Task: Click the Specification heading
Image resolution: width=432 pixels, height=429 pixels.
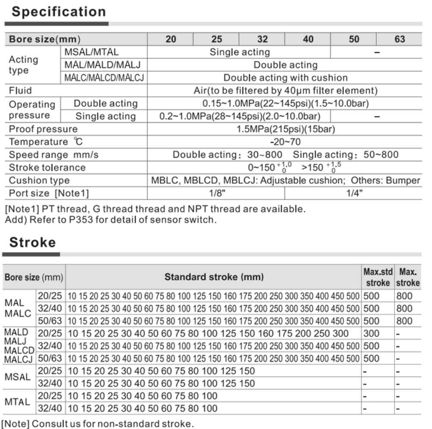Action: (x=59, y=12)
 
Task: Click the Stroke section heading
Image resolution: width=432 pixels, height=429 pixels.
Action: (x=33, y=242)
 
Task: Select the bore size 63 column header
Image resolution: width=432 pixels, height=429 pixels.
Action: (x=399, y=39)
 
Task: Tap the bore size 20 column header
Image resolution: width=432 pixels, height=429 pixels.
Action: (x=171, y=39)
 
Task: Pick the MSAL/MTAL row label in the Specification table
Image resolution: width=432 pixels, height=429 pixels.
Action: (x=91, y=52)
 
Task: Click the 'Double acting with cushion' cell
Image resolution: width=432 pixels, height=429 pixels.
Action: (x=285, y=78)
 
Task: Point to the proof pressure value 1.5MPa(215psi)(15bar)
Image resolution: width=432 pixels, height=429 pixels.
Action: (x=286, y=129)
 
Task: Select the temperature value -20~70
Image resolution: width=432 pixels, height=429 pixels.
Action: (x=285, y=142)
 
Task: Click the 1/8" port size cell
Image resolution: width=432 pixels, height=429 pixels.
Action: (x=216, y=193)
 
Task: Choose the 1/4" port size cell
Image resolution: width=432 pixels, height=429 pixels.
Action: (x=354, y=193)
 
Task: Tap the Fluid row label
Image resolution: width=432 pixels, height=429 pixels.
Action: (x=21, y=91)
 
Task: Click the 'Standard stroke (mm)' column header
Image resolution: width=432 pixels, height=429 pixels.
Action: (x=214, y=277)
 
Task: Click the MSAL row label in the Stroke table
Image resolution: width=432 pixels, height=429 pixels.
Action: (x=17, y=377)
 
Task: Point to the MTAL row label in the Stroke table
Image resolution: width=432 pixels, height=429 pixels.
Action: (x=17, y=402)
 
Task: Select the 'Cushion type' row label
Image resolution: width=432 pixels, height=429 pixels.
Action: (x=39, y=180)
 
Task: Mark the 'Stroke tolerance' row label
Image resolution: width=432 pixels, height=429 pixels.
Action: (x=47, y=167)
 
